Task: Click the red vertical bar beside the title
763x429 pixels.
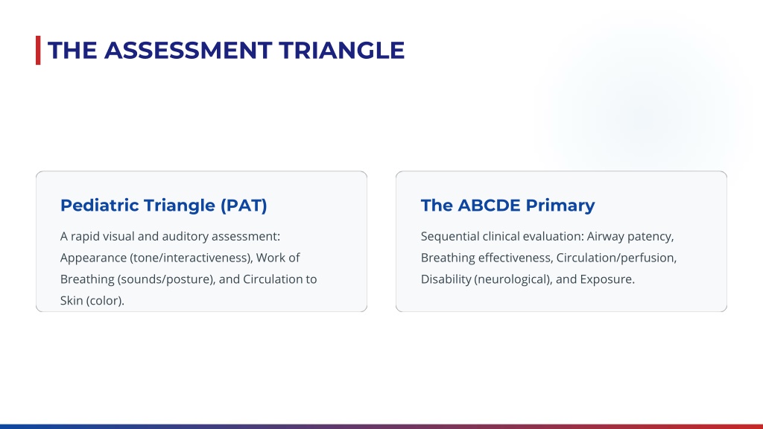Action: coord(38,50)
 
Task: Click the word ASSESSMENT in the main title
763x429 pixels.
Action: coord(188,51)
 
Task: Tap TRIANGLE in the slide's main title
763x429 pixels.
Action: coord(341,51)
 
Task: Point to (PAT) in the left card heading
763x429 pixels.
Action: coord(244,206)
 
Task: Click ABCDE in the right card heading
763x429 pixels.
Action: coord(489,206)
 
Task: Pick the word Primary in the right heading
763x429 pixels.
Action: coord(560,206)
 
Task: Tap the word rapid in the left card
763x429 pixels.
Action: coord(85,236)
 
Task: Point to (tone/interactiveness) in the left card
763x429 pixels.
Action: coord(191,258)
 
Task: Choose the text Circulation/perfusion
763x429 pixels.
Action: coord(616,258)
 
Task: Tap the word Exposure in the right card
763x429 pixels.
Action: coord(607,279)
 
